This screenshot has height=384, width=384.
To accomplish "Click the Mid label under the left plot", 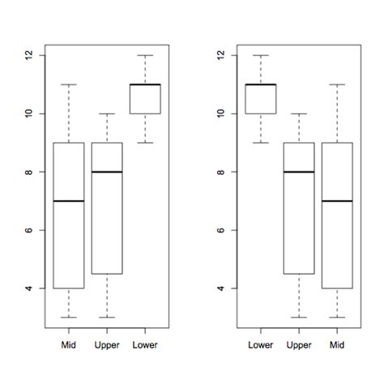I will pos(68,345).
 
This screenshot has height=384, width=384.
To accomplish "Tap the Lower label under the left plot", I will pos(145,345).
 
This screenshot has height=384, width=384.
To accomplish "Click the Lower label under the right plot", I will pos(260,345).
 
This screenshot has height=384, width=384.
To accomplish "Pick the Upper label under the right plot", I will pos(299,345).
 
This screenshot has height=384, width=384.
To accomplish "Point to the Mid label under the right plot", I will pos(337,345).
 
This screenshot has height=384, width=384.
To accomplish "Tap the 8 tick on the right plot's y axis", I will pos(222,172).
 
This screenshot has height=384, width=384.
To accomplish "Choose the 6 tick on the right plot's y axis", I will pos(222,230).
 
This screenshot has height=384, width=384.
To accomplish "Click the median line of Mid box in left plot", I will pos(68,201).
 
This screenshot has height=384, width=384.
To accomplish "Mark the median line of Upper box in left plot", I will pos(106,172).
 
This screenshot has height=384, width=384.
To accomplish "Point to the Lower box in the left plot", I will pos(145,99).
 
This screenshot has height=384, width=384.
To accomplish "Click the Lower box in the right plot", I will pos(260,99).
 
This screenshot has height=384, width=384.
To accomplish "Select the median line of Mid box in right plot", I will pos(337,201).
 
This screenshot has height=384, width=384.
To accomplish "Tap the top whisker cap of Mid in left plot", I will pos(68,84).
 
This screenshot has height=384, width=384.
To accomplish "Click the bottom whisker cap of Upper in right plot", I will pos(299,318).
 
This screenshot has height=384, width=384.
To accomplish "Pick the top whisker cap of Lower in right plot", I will pos(260,55).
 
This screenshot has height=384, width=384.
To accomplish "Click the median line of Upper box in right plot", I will pos(299,172).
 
